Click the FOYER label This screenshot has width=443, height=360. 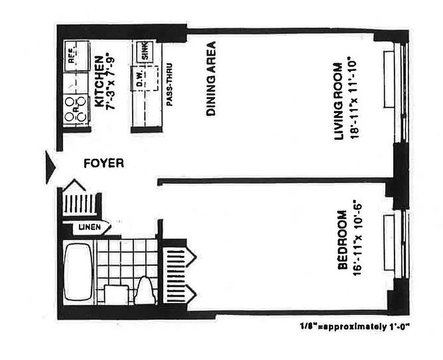click(x=104, y=163)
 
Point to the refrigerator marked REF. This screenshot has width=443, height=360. click(x=75, y=56)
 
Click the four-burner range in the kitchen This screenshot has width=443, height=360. click(x=75, y=109)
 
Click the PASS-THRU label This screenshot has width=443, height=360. click(x=170, y=84)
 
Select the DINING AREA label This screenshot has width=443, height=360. click(x=210, y=79)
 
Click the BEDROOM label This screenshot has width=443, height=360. click(x=343, y=240)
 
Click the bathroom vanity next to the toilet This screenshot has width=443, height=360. click(x=117, y=295)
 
